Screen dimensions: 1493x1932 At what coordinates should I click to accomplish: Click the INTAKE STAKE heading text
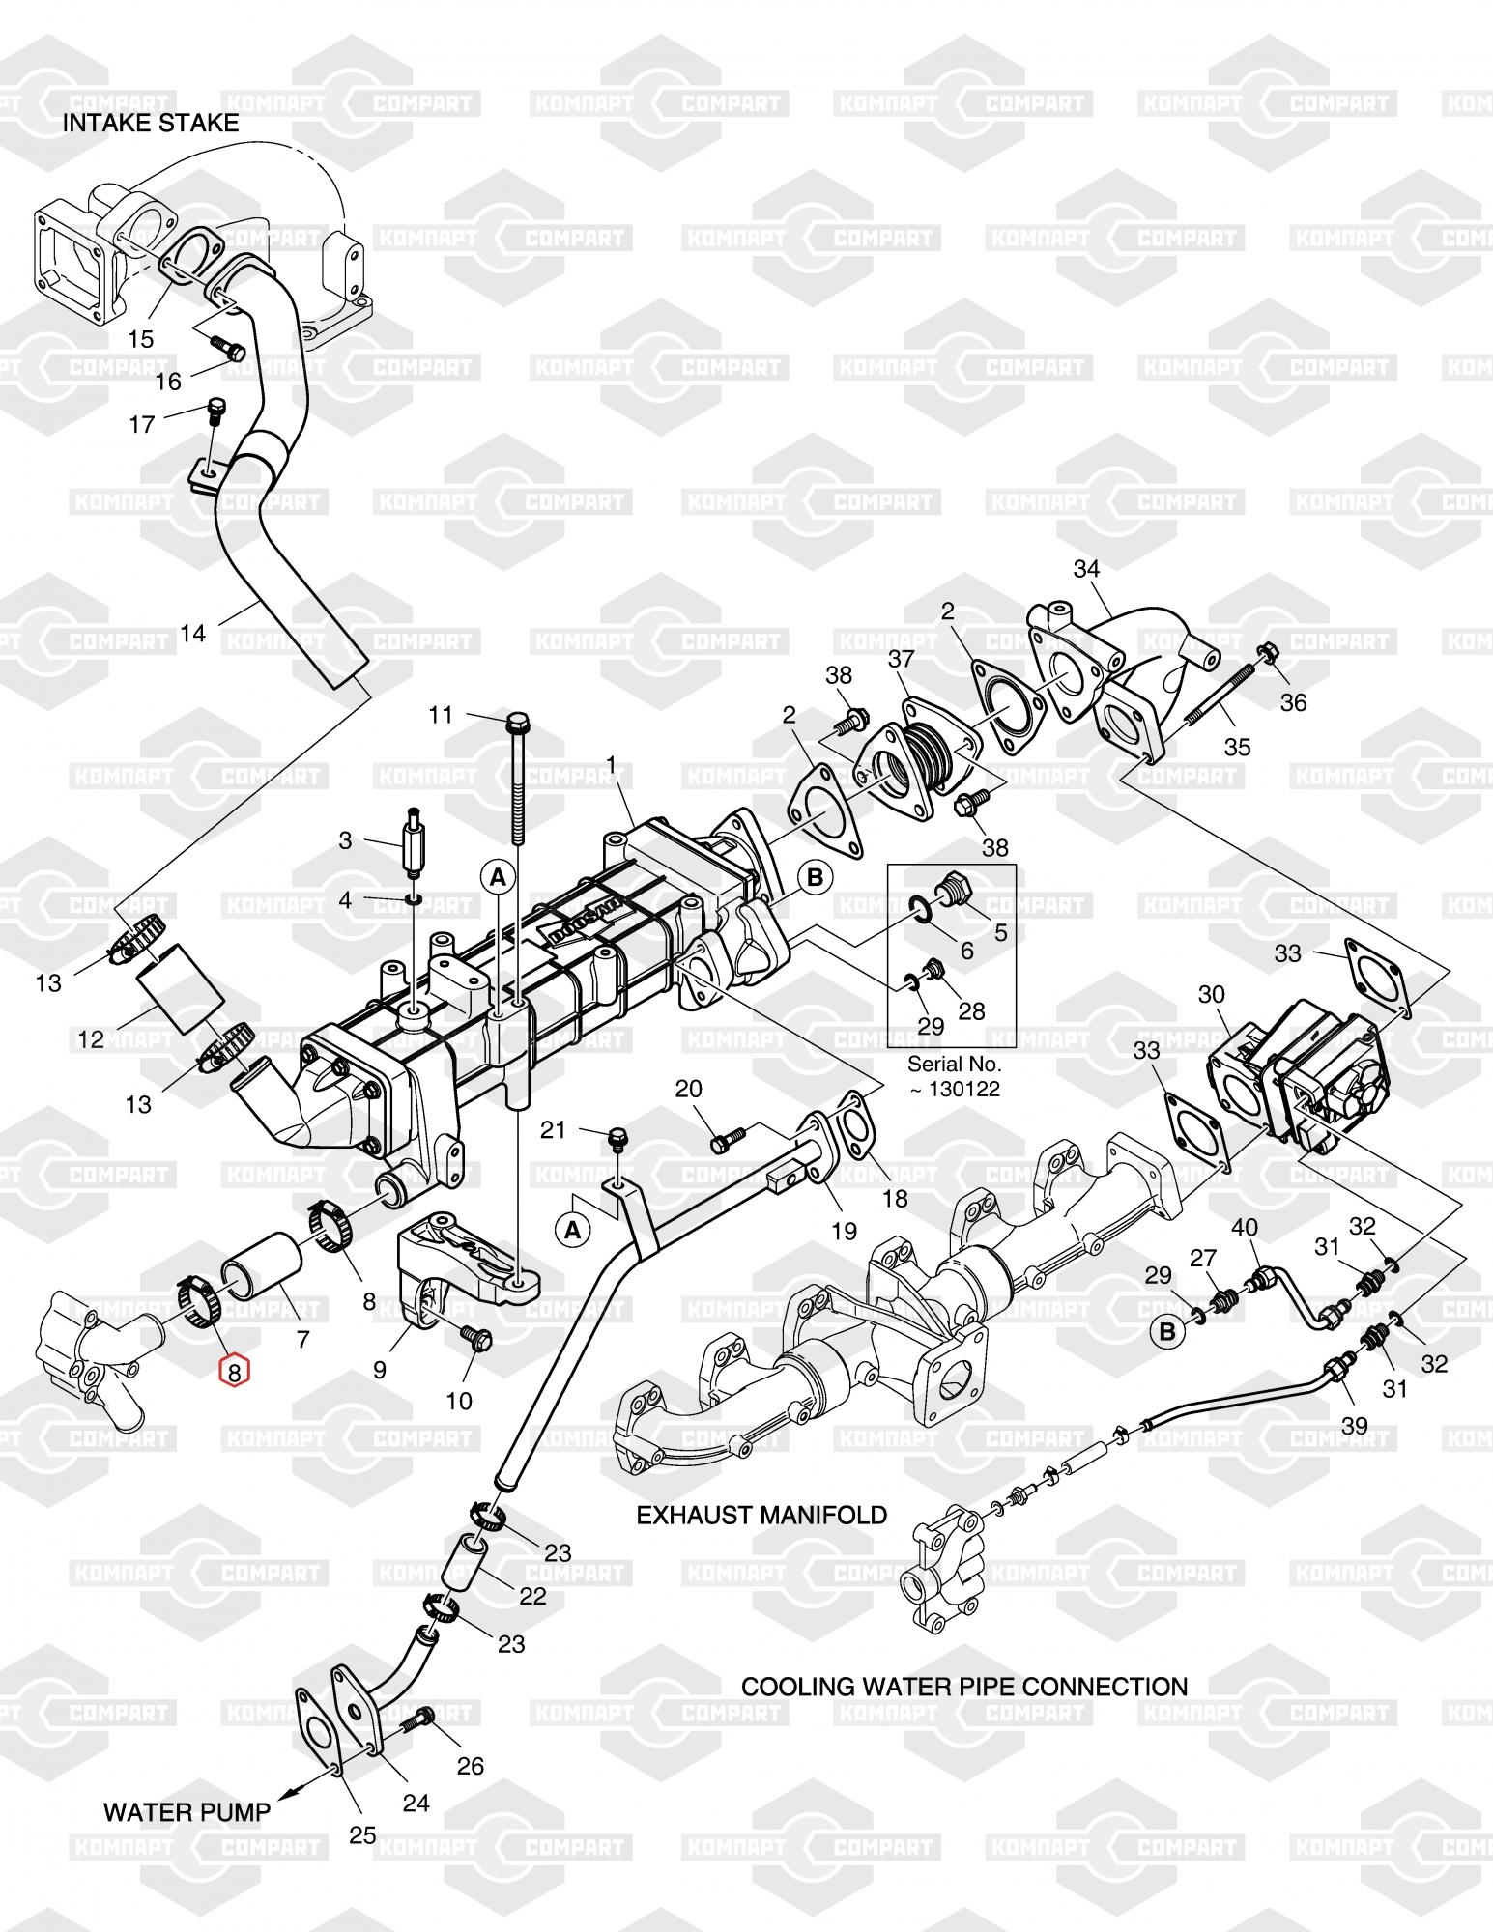[151, 123]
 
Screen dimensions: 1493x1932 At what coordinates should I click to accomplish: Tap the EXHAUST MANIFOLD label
[761, 1515]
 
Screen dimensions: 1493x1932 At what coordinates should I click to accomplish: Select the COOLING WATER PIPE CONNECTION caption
[964, 1687]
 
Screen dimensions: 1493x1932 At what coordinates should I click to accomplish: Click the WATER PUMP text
[187, 1812]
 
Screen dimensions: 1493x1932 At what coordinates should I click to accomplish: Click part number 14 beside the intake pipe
[193, 634]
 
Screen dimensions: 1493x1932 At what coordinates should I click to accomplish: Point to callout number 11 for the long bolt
[442, 715]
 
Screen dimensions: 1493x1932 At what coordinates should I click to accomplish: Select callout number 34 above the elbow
[1087, 569]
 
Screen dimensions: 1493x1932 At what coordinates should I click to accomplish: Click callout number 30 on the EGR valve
[1212, 994]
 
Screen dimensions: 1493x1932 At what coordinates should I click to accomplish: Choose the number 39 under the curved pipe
[1355, 1426]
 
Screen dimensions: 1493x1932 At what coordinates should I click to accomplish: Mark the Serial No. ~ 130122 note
[953, 1077]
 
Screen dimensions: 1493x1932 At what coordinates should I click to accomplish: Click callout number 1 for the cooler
[611, 764]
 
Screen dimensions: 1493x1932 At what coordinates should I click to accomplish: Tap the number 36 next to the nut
[1293, 702]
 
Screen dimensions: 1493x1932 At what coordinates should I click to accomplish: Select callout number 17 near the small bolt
[142, 424]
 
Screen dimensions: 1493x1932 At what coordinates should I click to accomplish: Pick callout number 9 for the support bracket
[380, 1369]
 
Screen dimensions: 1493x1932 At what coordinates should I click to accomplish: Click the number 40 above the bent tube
[1245, 1228]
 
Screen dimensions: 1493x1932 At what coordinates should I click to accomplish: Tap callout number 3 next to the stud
[345, 840]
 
